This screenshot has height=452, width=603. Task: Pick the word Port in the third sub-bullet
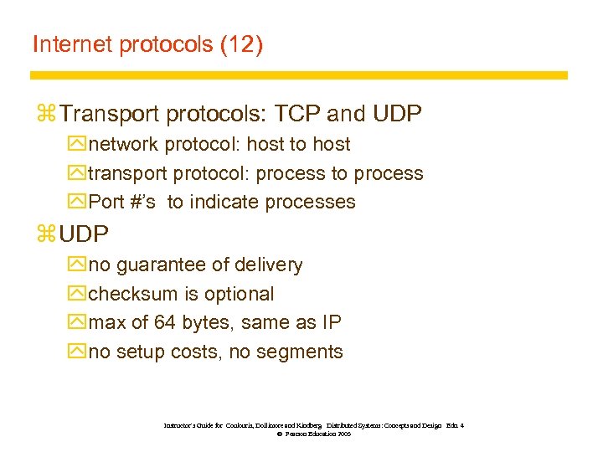pyautogui.click(x=106, y=203)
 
